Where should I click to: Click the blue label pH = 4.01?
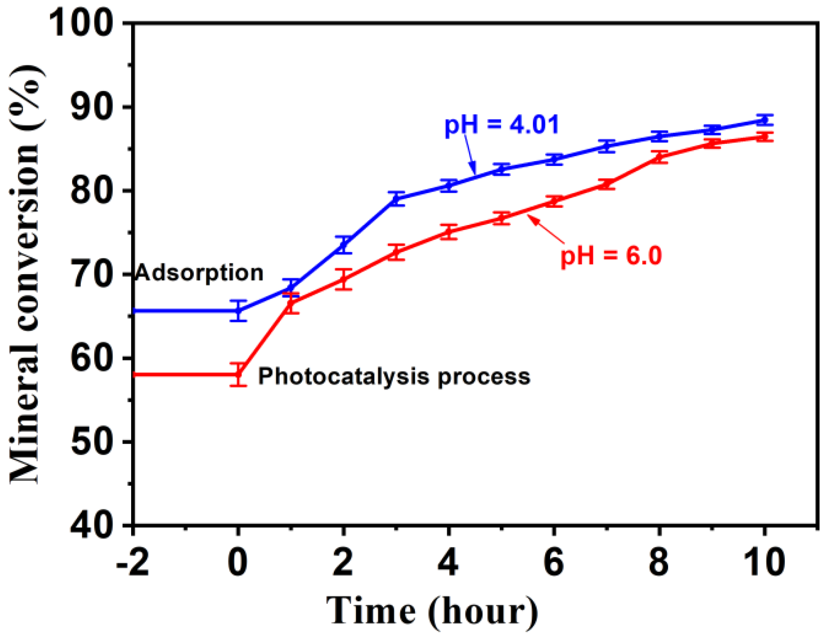tap(501, 125)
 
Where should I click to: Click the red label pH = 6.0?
tap(610, 256)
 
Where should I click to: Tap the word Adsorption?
tap(199, 272)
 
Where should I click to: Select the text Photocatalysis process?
tap(394, 376)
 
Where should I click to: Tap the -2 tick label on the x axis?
tap(132, 562)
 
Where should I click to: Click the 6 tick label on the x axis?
tap(553, 562)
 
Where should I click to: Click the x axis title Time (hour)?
tap(433, 611)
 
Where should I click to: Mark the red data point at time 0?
tap(238, 374)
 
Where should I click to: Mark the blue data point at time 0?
tap(238, 310)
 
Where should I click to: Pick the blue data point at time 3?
tap(396, 198)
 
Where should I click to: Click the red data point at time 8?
tap(659, 157)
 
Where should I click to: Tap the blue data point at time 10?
tap(764, 120)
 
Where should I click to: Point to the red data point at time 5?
tap(501, 218)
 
